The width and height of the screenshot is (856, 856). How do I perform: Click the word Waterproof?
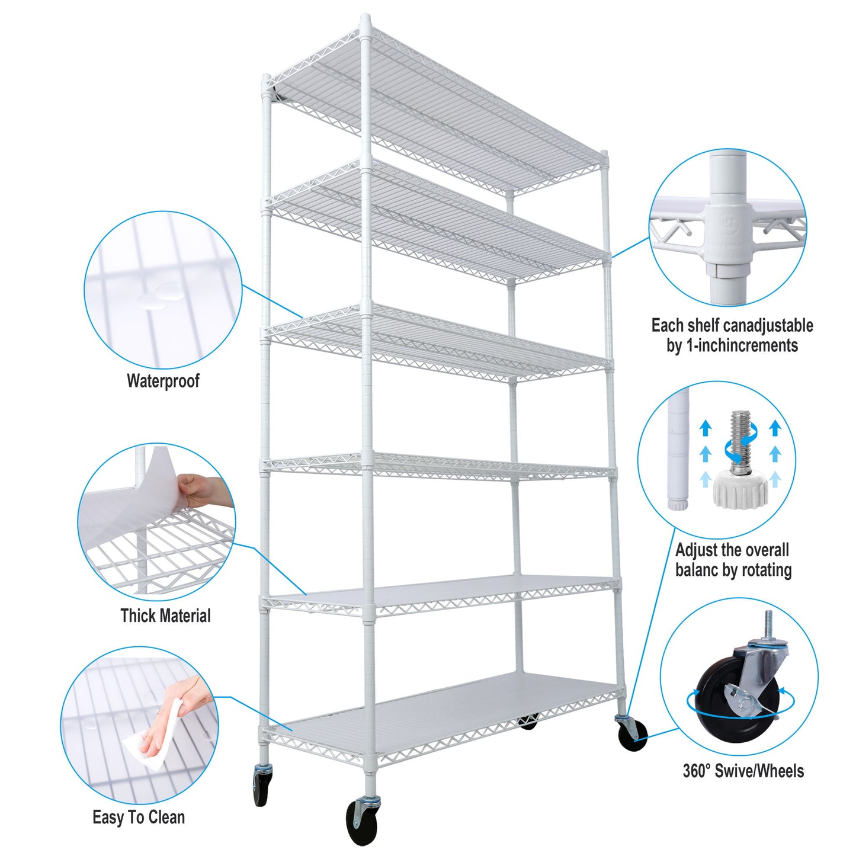(x=163, y=381)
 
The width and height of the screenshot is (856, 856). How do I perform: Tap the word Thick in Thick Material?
(x=139, y=615)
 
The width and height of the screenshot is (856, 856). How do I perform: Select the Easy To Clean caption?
(x=139, y=817)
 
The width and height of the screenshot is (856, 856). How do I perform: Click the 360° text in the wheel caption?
(x=696, y=771)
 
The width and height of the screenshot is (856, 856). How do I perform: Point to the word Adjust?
(x=696, y=550)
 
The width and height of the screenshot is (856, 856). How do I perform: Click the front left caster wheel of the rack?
(x=261, y=787)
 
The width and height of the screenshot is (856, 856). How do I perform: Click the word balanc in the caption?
(x=700, y=570)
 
